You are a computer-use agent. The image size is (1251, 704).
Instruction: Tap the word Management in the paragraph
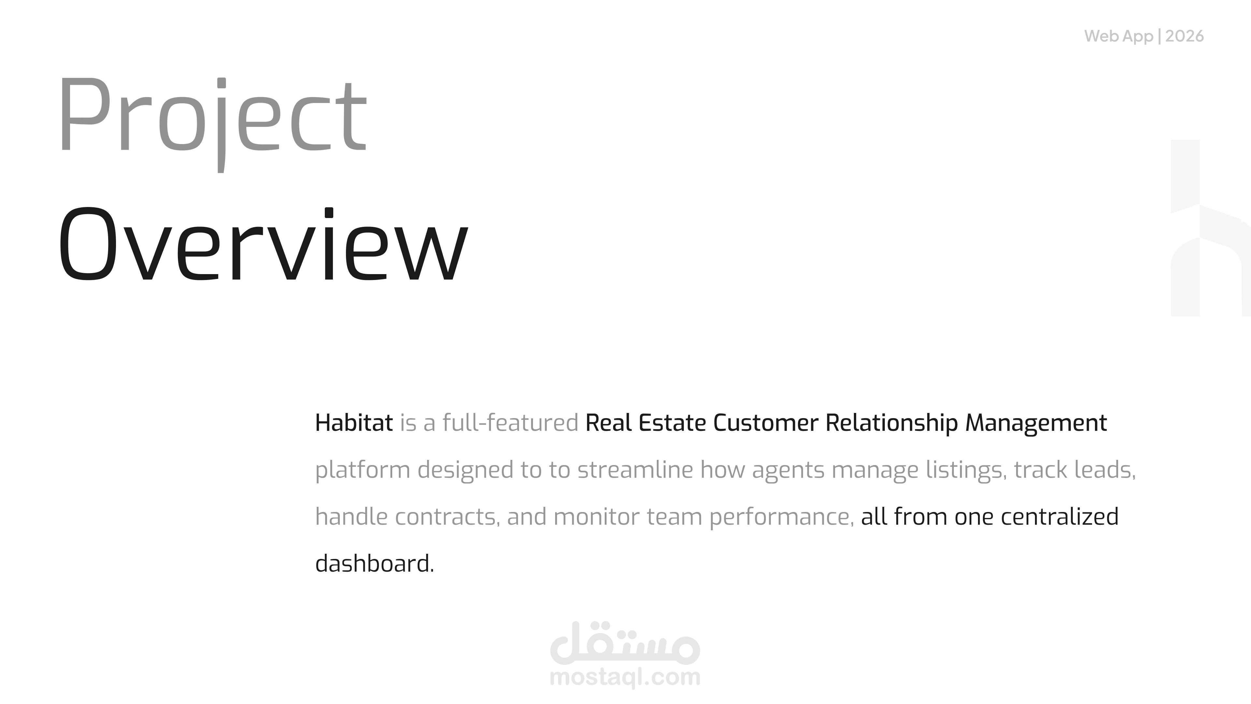1036,423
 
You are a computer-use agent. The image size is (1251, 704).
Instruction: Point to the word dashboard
374,563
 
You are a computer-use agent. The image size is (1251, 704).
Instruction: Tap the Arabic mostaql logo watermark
625,643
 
